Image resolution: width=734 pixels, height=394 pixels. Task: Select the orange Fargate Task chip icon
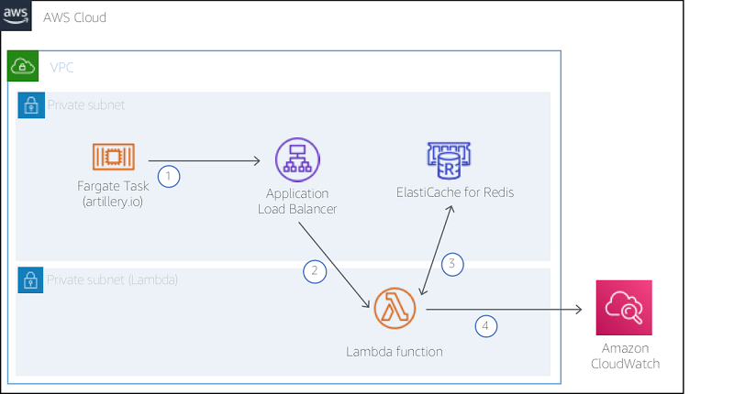[x=114, y=158]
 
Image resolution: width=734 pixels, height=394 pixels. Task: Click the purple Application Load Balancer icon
[x=296, y=161]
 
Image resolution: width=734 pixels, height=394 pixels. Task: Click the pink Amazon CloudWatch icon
[x=623, y=310]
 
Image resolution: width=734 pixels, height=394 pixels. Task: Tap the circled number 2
[x=314, y=270]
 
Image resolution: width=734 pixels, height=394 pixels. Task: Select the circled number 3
[x=451, y=265]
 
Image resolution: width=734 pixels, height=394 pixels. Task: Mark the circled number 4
[x=486, y=324]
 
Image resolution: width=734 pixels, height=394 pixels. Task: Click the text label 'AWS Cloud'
[x=74, y=17]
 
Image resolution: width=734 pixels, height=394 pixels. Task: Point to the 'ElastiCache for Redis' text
[x=455, y=192]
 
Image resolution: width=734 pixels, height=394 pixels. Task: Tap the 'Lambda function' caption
[x=395, y=351]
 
